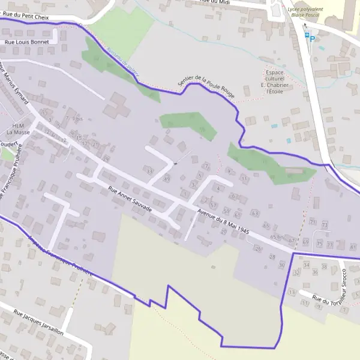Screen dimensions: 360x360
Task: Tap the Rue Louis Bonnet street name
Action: click(x=26, y=42)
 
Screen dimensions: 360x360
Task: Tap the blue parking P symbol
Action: click(x=312, y=38)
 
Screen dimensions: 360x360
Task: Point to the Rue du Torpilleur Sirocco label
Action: click(x=330, y=298)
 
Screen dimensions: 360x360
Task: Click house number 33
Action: click(x=149, y=171)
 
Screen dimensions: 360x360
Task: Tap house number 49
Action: click(x=166, y=179)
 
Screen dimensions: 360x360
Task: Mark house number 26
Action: click(x=259, y=248)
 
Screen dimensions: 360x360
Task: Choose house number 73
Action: click(x=325, y=224)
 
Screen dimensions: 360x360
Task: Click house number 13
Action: click(x=292, y=292)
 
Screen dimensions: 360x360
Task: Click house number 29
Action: click(x=106, y=158)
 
